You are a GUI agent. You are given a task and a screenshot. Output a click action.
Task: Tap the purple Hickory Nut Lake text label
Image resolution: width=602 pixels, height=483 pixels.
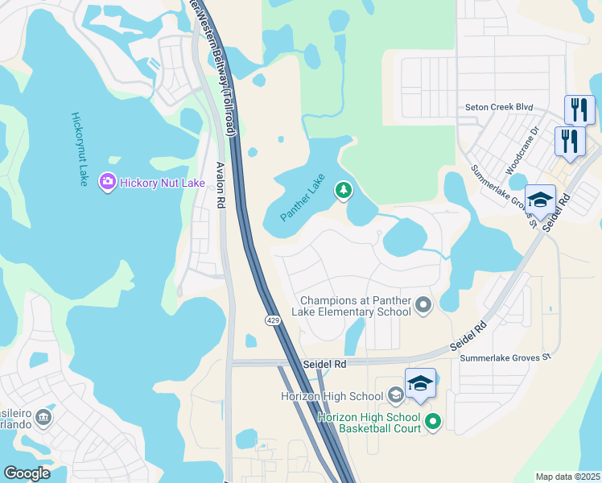coord(162,184)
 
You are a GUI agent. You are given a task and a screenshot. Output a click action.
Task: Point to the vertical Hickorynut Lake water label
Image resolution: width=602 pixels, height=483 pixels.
coord(79,150)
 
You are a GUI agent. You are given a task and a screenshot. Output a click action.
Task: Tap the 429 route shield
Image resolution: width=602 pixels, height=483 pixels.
coord(273,320)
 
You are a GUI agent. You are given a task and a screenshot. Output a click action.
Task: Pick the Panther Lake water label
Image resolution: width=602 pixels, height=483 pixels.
coord(303,198)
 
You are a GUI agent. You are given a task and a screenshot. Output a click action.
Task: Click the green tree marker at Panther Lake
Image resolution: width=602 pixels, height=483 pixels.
coord(344,190)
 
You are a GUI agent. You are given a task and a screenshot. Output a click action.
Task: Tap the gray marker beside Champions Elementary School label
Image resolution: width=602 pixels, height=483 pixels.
coord(424,305)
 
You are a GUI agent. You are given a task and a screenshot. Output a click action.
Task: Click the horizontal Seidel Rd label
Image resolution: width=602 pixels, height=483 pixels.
coord(324,364)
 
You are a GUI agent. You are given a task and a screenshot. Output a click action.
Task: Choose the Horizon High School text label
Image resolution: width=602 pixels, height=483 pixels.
coord(332,396)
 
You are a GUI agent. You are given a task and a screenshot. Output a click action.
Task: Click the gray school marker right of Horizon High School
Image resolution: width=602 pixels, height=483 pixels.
coord(395,394)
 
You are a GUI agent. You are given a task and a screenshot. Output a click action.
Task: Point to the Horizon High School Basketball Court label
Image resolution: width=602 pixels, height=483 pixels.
coord(369,422)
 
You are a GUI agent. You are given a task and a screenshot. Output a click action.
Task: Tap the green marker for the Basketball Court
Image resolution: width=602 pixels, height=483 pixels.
coord(433,421)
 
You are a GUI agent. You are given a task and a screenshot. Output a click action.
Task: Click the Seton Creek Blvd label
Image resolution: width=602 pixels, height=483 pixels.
coord(500,107)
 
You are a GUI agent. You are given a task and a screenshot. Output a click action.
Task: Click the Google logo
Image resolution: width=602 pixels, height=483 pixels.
coord(27,473)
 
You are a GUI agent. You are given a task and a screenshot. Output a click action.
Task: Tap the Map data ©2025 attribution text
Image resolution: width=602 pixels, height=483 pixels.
coord(567,477)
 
